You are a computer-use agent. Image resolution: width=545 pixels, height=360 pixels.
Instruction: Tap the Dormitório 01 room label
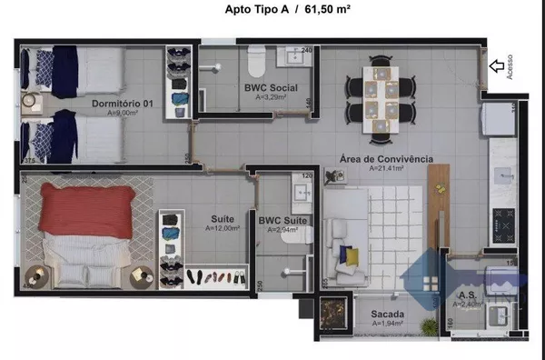point(122,104)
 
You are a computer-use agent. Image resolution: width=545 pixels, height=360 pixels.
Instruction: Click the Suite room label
point(222,219)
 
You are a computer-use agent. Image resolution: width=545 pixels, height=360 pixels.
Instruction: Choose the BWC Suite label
point(282,220)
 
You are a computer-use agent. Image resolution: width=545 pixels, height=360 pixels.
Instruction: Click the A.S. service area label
point(468,295)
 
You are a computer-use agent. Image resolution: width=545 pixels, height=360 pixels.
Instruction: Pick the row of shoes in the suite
point(216,276)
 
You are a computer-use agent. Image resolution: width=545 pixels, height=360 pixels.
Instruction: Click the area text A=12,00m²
point(222,229)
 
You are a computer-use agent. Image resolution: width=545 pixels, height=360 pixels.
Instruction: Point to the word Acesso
point(510,67)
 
